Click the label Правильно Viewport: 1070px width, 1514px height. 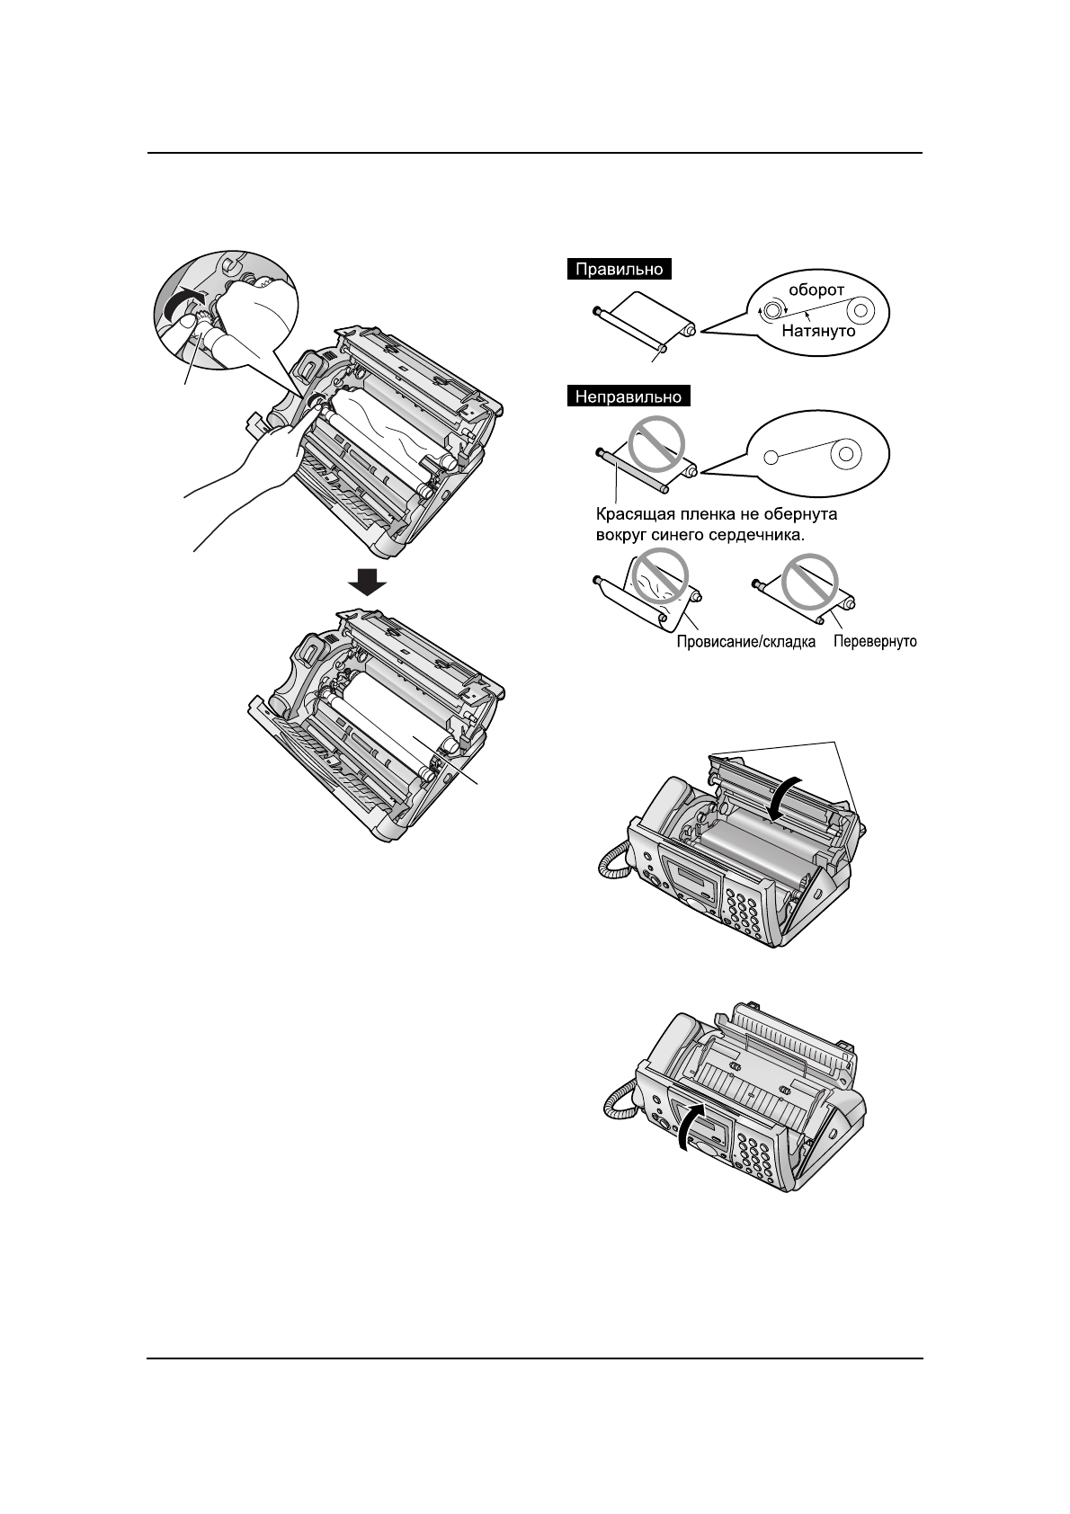tap(620, 269)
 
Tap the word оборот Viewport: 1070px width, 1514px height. tap(816, 290)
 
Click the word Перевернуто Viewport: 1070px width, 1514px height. tap(875, 643)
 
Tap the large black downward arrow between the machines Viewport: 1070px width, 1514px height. tap(367, 583)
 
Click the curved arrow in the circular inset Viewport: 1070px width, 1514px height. tap(183, 304)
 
